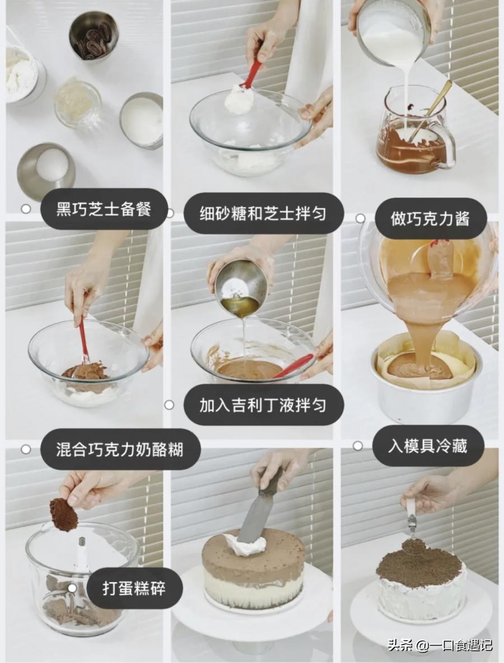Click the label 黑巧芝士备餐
[x=104, y=209]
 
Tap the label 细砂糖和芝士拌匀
[x=263, y=213]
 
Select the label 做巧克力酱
[x=430, y=219]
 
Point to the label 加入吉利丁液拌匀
[x=263, y=405]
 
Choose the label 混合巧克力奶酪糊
[x=120, y=450]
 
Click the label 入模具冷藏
[x=427, y=446]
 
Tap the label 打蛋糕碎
[x=134, y=588]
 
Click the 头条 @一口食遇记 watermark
[x=440, y=645]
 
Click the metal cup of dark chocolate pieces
[x=94, y=36]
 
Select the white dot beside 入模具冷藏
[x=358, y=446]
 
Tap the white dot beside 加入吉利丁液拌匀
[x=169, y=405]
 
